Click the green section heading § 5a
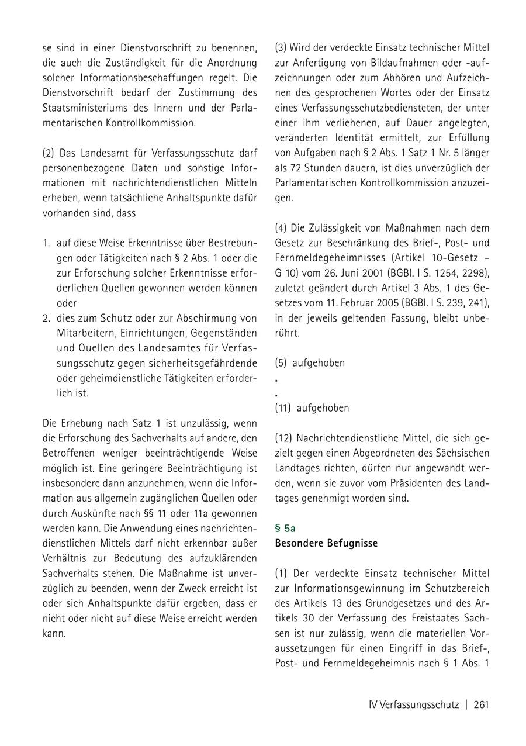pos(285,528)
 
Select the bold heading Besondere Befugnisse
pos(326,543)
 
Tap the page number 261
pos(481,704)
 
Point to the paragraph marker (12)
pos(283,438)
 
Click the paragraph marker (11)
pos(283,408)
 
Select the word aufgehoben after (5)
pos(319,362)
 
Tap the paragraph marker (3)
pos(281,47)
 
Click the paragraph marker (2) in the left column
pos(49,153)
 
